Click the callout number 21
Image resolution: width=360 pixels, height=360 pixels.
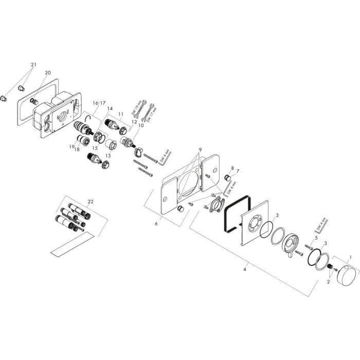coord(33,65)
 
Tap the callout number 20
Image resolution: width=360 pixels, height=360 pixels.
coord(47,73)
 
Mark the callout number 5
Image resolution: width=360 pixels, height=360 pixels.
coord(316,238)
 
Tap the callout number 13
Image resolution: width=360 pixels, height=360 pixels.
coord(107,155)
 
